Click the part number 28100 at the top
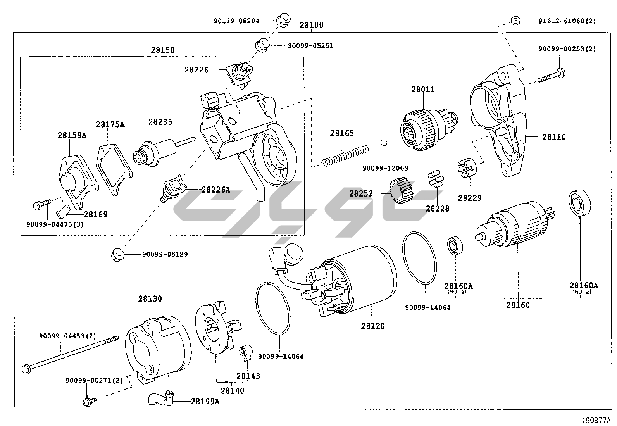pos(311,25)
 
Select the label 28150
pos(163,50)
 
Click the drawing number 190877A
pos(596,420)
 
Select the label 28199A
pos(205,401)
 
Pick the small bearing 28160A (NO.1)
pos(453,245)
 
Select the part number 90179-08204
pos(236,21)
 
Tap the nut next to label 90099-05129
pos(117,254)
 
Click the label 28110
pos(554,137)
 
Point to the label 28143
pos(248,376)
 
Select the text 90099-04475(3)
pos(55,224)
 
